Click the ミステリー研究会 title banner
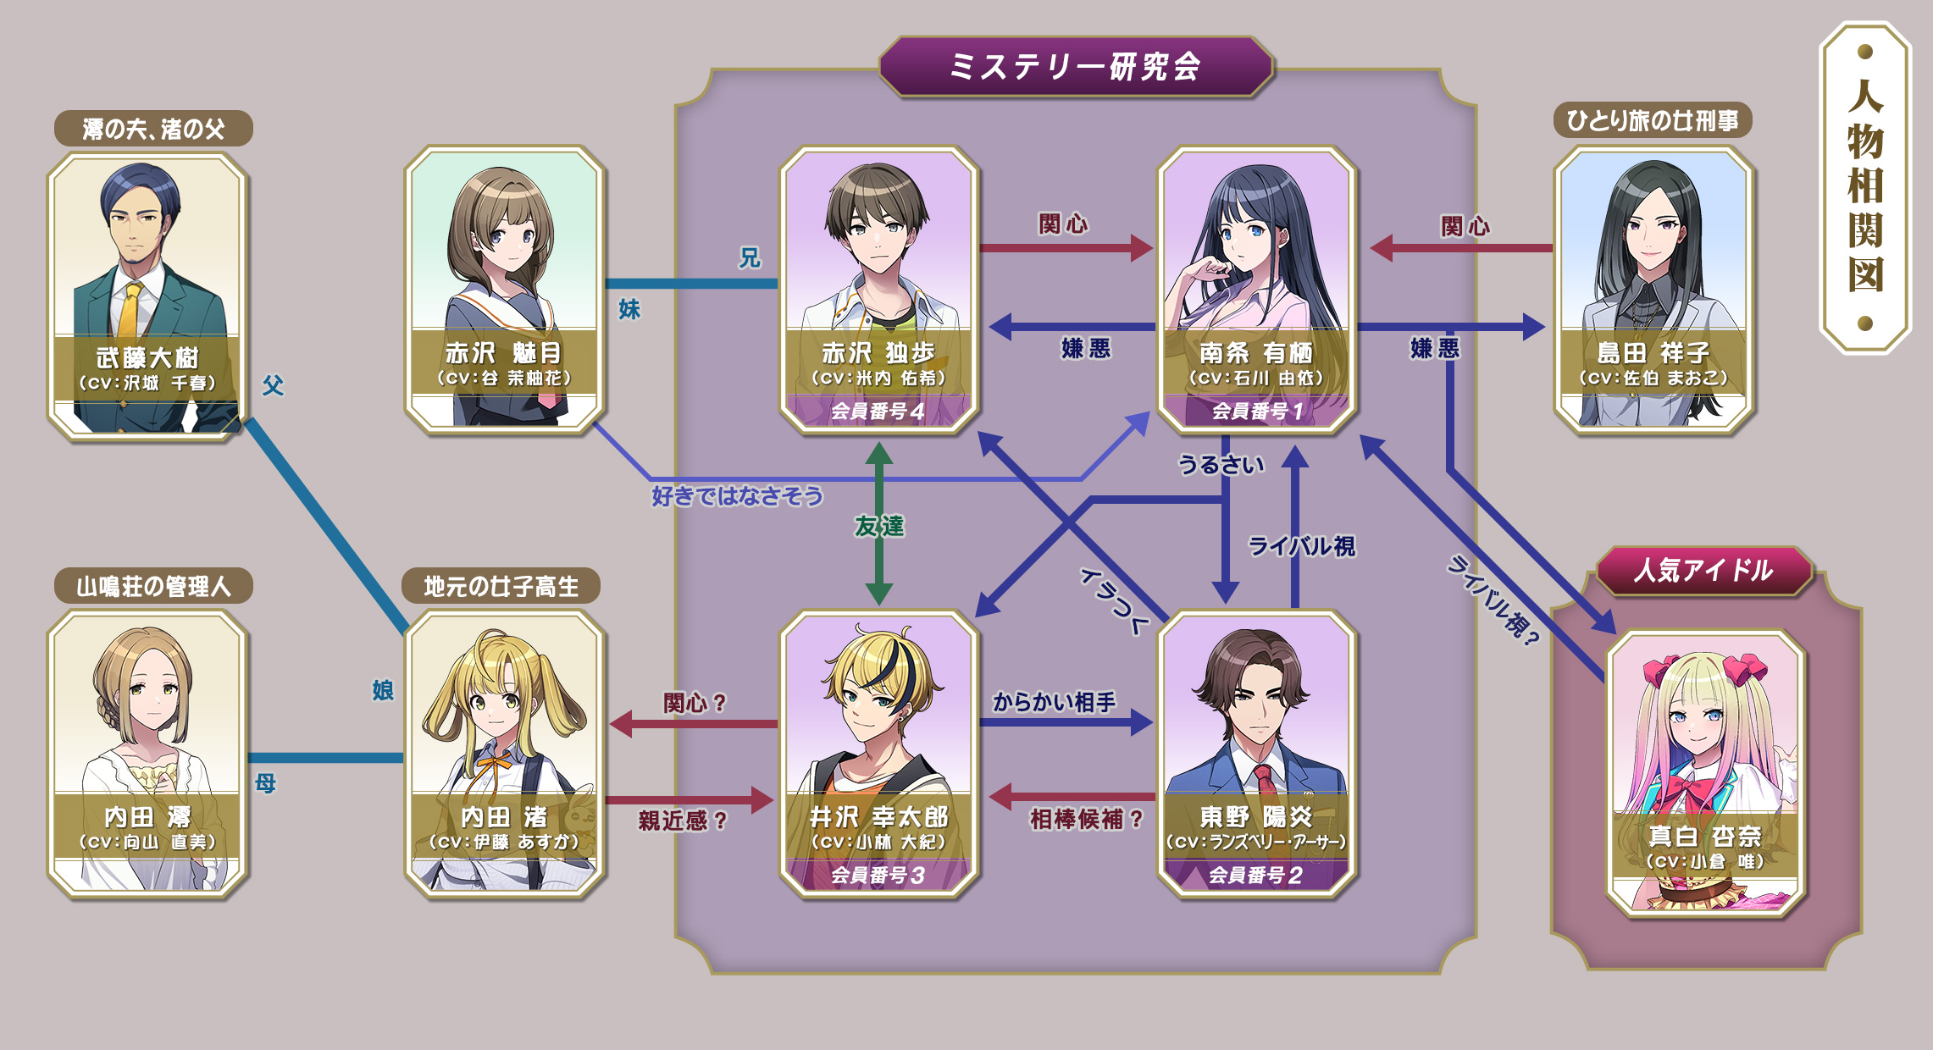(x=1076, y=67)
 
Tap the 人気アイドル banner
(x=1703, y=571)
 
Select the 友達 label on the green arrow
(x=879, y=527)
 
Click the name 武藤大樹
(x=147, y=357)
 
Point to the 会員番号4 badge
(x=878, y=412)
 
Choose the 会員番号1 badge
(x=1257, y=412)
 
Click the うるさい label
(x=1221, y=465)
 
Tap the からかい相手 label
(x=1054, y=702)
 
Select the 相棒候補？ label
(x=1087, y=819)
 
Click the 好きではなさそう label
(x=737, y=496)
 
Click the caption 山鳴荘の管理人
(x=153, y=586)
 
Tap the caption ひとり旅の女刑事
(x=1652, y=121)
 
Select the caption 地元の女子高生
(x=501, y=586)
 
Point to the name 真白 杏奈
(x=1704, y=837)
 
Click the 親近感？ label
(x=683, y=821)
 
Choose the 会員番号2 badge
(x=1255, y=876)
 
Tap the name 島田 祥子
(x=1653, y=353)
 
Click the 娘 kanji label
(x=383, y=690)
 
